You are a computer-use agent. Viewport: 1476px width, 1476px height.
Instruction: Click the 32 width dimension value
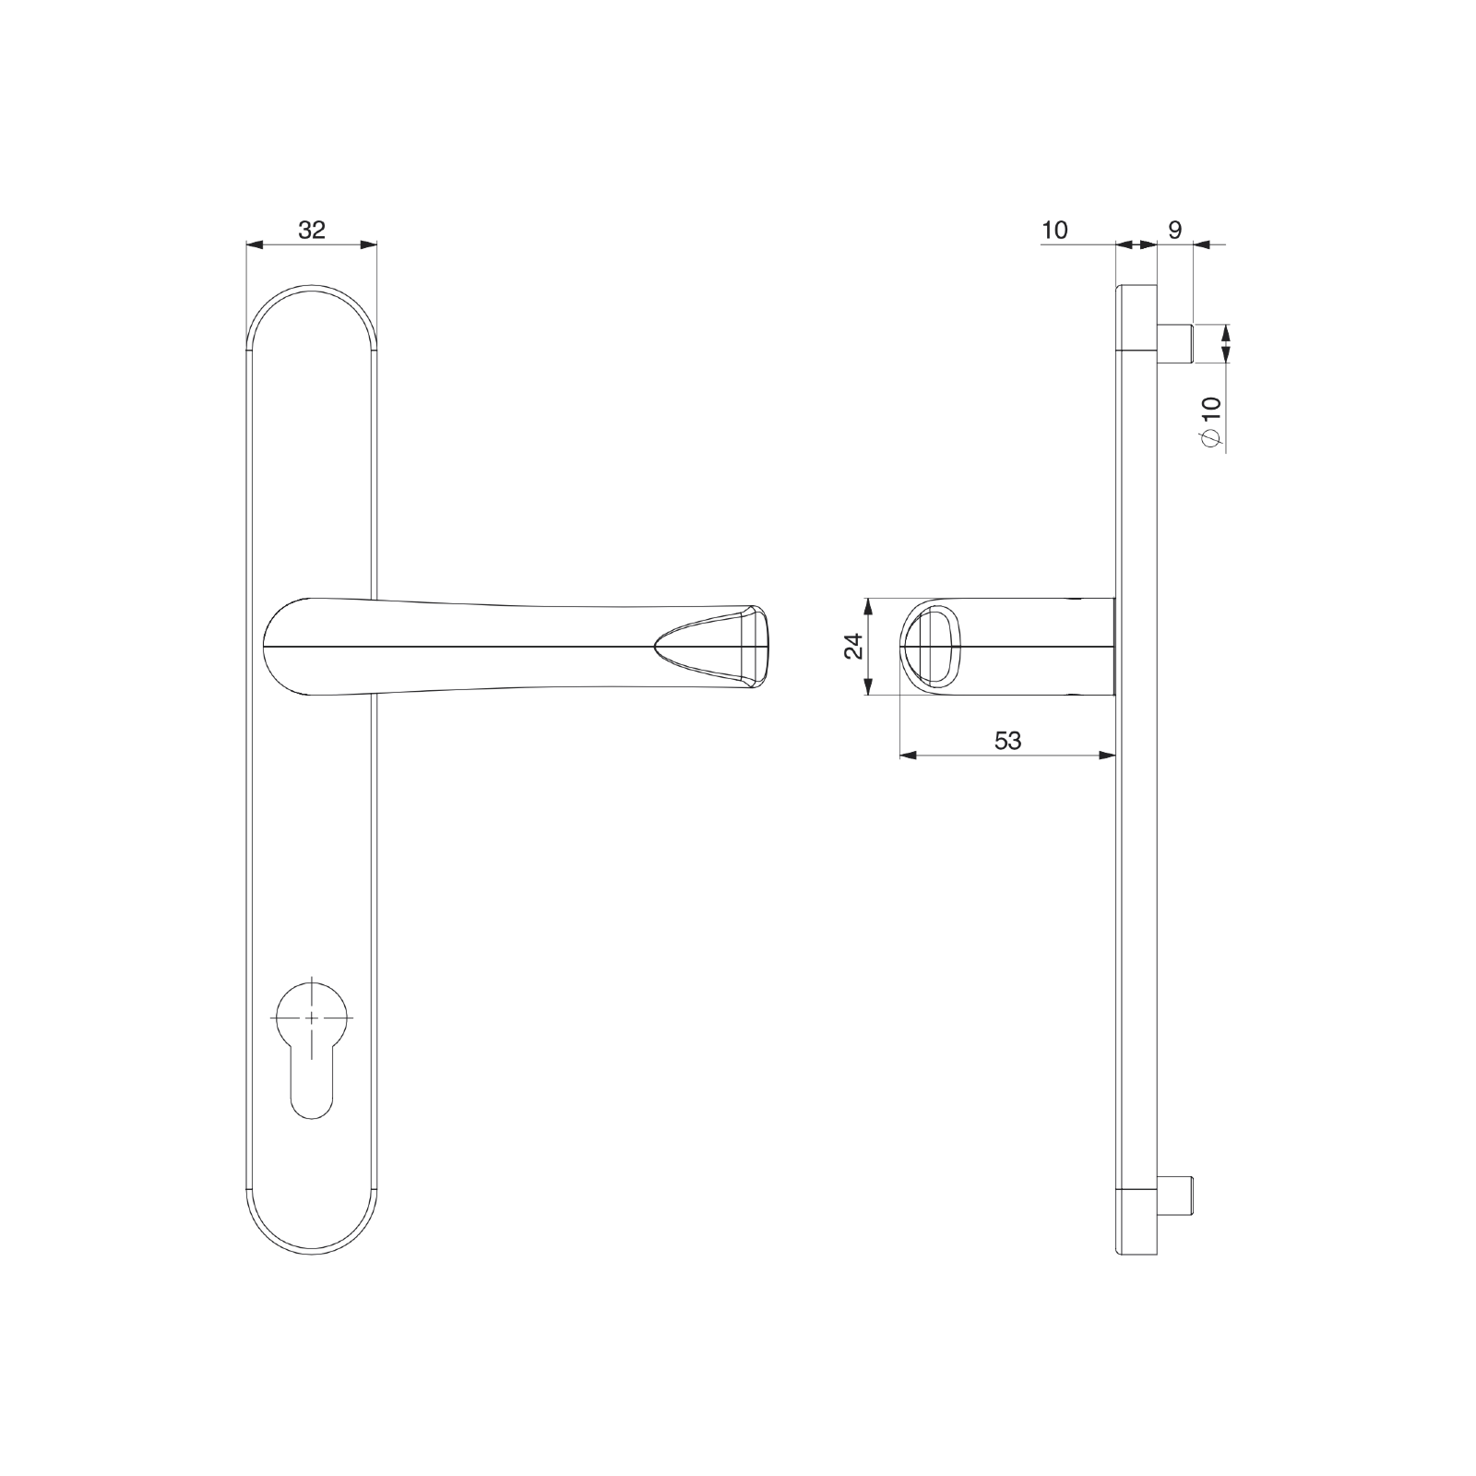[312, 230]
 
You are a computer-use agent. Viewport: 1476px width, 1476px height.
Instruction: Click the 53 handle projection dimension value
[1008, 740]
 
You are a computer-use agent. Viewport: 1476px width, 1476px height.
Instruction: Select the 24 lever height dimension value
[854, 646]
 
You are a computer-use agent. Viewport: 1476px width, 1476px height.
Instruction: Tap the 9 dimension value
[1174, 230]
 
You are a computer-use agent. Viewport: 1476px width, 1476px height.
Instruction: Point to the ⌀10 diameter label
[1211, 423]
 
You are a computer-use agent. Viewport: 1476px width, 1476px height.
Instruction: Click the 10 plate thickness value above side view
[1054, 230]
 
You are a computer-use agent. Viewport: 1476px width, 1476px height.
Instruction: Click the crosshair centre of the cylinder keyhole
[312, 1017]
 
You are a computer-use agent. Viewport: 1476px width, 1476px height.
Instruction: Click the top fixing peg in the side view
[1174, 343]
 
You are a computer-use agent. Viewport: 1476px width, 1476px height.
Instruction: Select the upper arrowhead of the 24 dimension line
[867, 605]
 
